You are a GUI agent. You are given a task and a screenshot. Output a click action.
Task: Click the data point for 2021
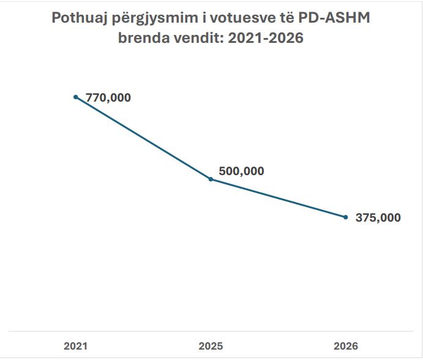[76, 97]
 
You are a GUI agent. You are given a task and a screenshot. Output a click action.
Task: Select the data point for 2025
[211, 179]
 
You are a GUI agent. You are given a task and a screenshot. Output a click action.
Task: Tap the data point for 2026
[346, 217]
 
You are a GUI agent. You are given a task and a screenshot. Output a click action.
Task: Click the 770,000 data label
[108, 97]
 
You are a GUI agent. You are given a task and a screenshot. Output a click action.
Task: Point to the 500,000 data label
[241, 171]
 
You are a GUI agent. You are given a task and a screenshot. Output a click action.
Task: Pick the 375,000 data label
[378, 217]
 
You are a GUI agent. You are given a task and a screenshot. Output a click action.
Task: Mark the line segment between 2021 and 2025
[143, 138]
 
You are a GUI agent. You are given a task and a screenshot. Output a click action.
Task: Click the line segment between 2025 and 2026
[279, 198]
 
